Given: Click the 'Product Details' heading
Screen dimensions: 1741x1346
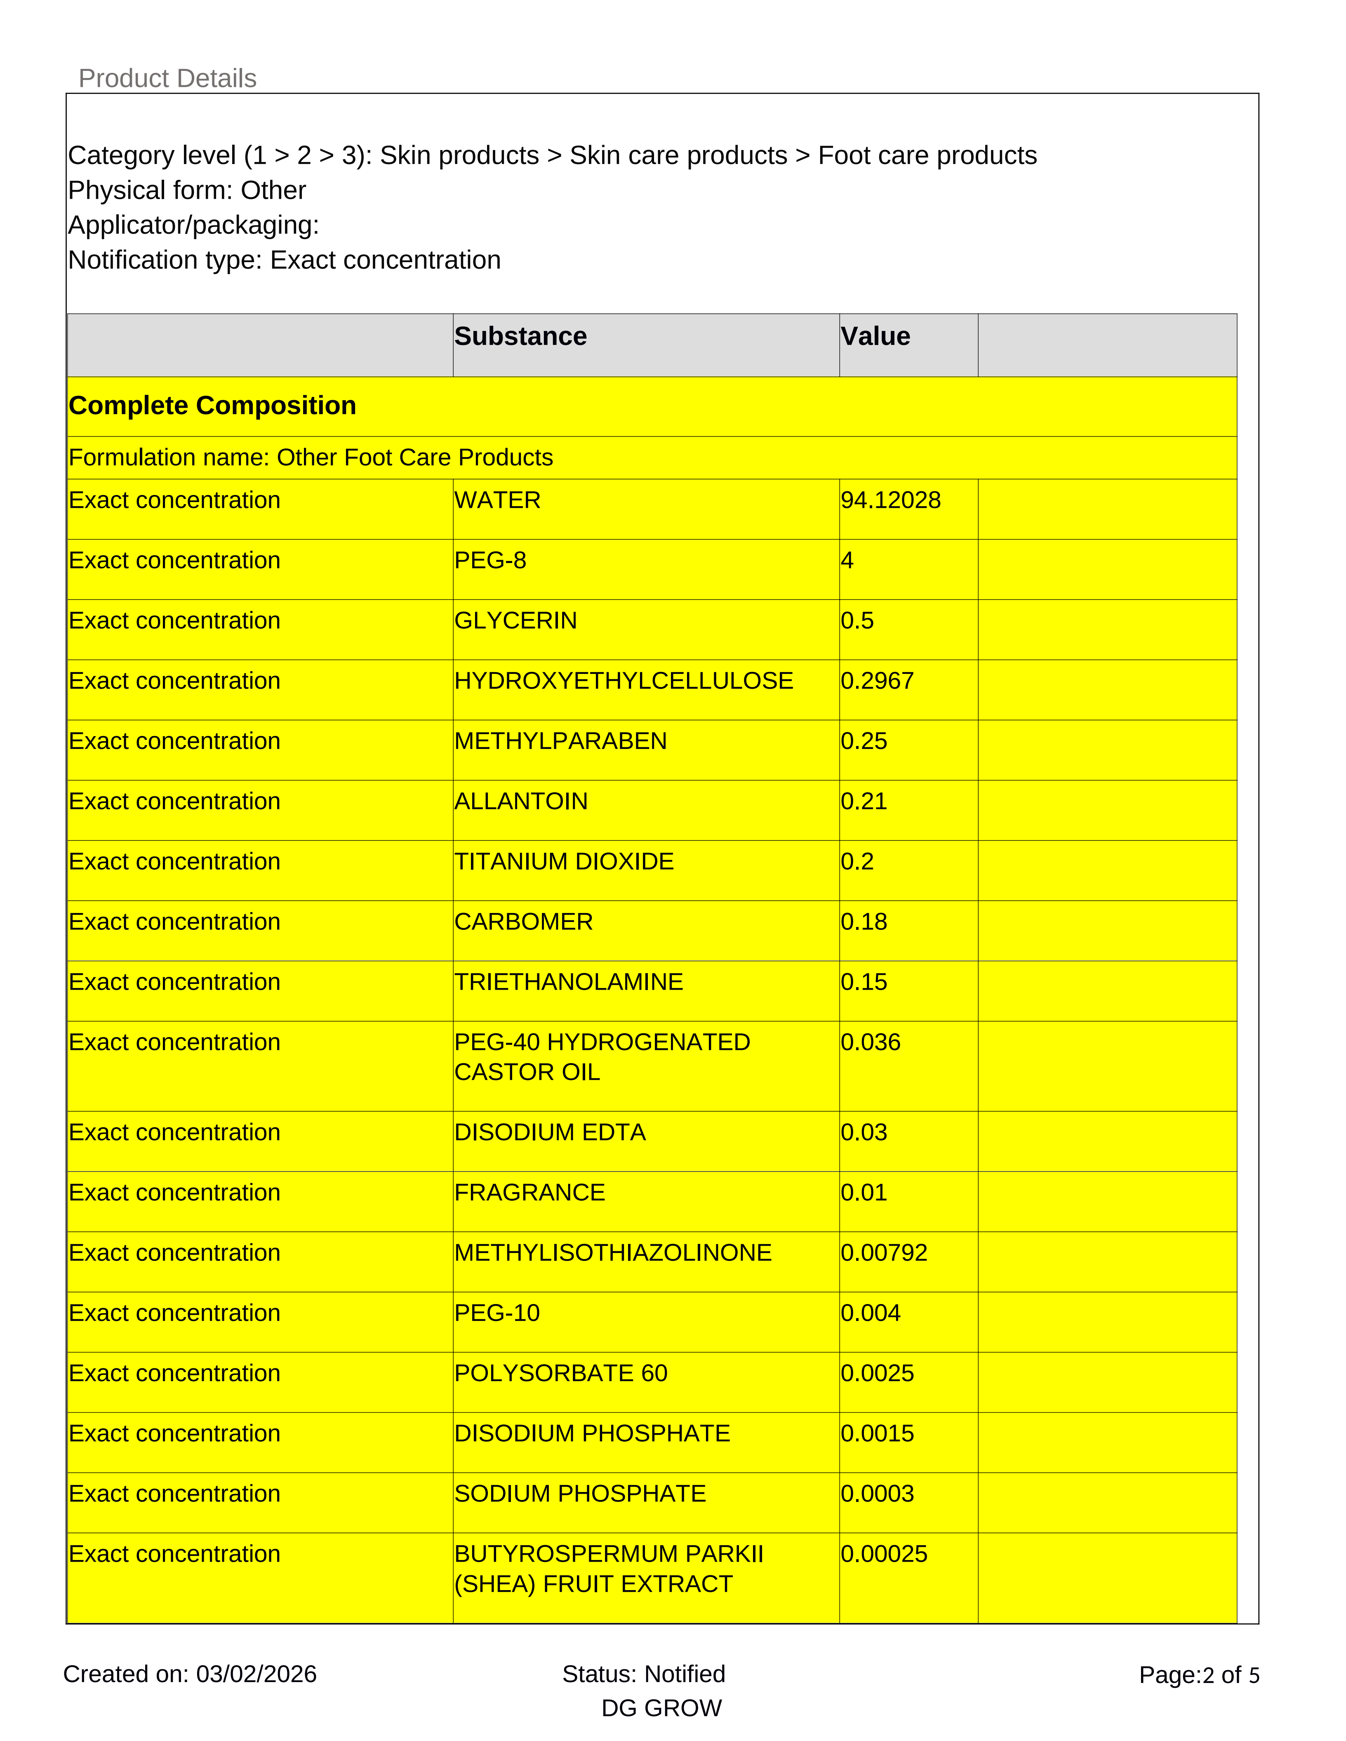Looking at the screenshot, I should [167, 78].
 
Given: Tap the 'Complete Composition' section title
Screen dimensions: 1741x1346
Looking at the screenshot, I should [212, 406].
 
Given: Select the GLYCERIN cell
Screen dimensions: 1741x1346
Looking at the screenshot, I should [515, 621].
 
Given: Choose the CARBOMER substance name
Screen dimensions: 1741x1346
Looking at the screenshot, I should [523, 922].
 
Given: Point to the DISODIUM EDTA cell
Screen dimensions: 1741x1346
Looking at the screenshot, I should [549, 1133].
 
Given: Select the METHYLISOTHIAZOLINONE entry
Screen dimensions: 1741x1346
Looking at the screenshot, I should [612, 1253].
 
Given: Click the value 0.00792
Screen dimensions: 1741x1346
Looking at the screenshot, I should [883, 1253].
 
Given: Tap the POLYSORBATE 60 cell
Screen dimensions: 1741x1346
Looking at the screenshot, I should [560, 1373].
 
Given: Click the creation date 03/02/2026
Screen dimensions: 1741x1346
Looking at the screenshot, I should [256, 1674].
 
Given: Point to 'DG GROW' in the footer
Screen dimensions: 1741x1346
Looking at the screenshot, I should [661, 1708].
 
